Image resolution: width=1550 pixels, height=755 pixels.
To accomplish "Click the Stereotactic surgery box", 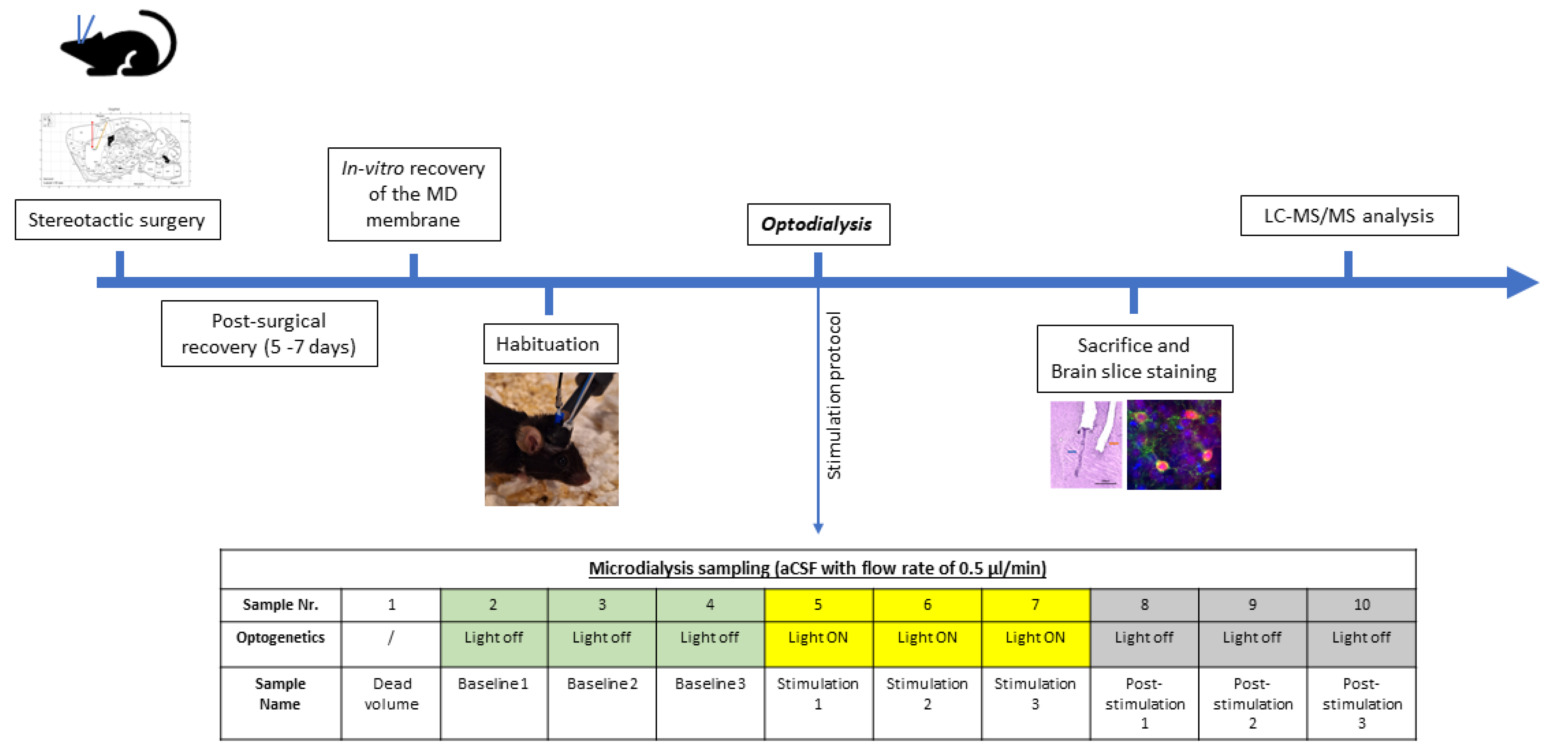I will [x=117, y=220].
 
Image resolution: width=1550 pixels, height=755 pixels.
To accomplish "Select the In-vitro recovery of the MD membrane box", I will [x=414, y=194].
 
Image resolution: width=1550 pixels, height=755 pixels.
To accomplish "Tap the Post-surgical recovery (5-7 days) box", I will [x=269, y=334].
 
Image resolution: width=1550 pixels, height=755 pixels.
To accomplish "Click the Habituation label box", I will [x=550, y=344].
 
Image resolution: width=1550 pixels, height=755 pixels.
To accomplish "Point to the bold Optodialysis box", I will [x=818, y=224].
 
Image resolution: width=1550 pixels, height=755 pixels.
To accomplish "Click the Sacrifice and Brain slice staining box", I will [x=1134, y=359].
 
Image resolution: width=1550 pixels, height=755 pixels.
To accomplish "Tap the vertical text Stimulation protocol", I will [x=834, y=395].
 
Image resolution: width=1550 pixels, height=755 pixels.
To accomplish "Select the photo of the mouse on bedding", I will [x=551, y=439].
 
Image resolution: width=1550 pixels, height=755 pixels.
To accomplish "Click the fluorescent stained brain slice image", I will [x=1173, y=445].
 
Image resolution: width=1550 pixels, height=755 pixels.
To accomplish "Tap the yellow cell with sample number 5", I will [x=818, y=604].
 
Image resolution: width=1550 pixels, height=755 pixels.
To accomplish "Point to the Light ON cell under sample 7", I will [x=1035, y=638].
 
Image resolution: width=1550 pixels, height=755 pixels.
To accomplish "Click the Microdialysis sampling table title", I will [x=817, y=569].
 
